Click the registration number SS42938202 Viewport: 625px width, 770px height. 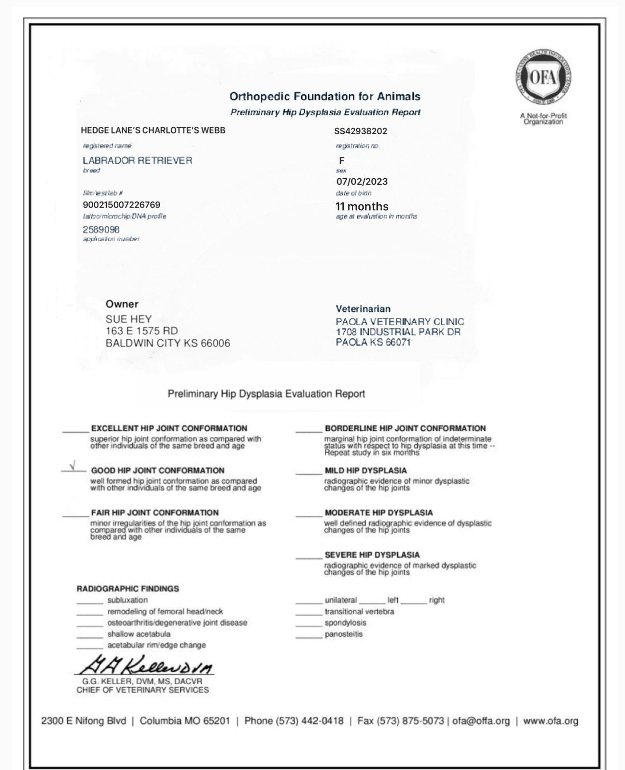(x=360, y=131)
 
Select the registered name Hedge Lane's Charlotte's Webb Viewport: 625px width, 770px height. (x=153, y=130)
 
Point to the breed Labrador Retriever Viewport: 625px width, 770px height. (x=137, y=161)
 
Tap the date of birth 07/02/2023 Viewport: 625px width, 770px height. (x=362, y=181)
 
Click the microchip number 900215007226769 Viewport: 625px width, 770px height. (x=121, y=205)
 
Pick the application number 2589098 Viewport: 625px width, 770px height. (x=101, y=230)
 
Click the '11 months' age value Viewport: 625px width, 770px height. (x=362, y=207)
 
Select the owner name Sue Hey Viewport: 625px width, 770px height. (x=128, y=319)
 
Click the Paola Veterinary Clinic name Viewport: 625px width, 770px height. (x=400, y=322)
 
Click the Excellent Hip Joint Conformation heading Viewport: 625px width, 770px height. (x=169, y=428)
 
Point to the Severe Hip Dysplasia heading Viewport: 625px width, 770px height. (x=372, y=555)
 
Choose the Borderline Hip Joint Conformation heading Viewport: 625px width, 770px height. (x=405, y=428)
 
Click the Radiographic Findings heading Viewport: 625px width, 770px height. (x=128, y=589)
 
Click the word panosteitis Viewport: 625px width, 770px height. (x=343, y=634)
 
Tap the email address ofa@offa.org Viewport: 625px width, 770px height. (x=481, y=721)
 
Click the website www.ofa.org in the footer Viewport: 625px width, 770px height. (x=550, y=721)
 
